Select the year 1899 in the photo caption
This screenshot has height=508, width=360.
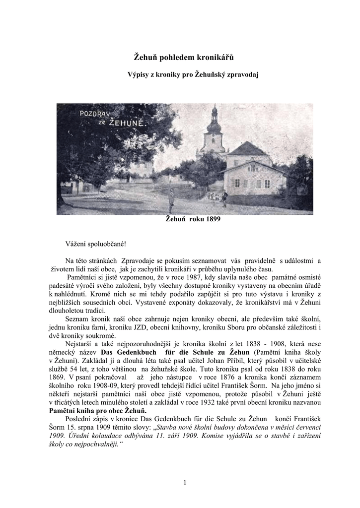pyautogui.click(x=212, y=219)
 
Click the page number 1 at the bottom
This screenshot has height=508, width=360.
pyautogui.click(x=184, y=482)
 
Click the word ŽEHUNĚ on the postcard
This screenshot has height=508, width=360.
pyautogui.click(x=126, y=123)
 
